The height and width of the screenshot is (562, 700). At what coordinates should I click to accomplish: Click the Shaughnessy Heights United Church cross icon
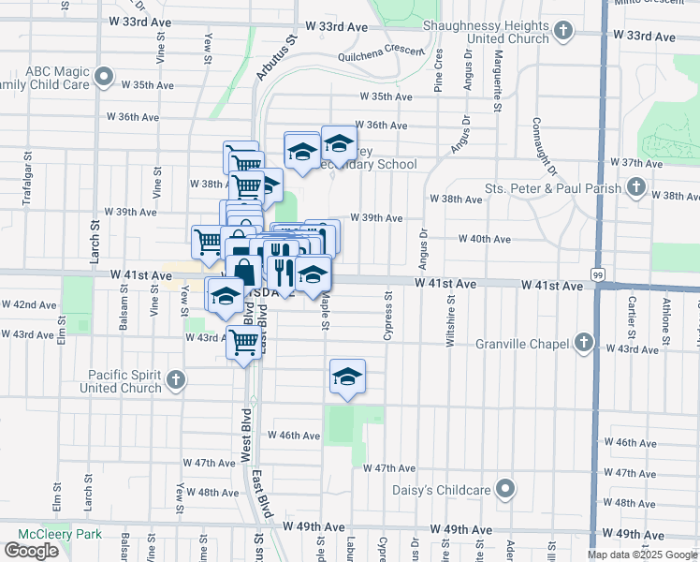[563, 31]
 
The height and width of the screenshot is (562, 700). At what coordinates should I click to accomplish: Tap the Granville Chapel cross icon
[585, 342]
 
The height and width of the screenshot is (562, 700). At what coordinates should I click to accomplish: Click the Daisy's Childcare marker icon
[506, 489]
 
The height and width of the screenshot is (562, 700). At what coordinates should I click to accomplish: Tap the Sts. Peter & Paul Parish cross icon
[636, 187]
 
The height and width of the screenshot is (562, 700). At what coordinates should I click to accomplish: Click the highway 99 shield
[596, 274]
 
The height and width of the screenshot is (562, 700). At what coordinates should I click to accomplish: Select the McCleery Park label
[38, 534]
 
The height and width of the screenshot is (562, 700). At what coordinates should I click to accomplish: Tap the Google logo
[31, 551]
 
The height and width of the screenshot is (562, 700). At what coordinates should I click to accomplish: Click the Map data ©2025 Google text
[642, 555]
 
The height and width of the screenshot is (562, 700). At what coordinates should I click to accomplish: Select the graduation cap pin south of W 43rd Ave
[347, 377]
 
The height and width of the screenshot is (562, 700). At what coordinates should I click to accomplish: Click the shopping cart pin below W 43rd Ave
[243, 344]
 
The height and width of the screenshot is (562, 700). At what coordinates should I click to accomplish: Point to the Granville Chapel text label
[525, 344]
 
